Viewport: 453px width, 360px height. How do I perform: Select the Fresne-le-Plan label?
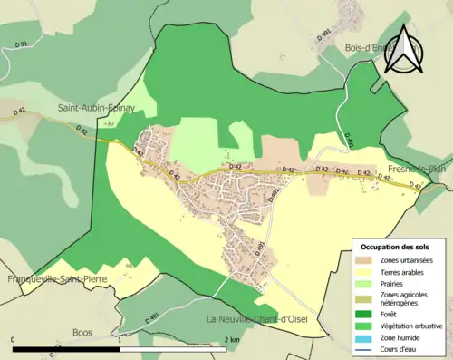pos(419,170)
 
